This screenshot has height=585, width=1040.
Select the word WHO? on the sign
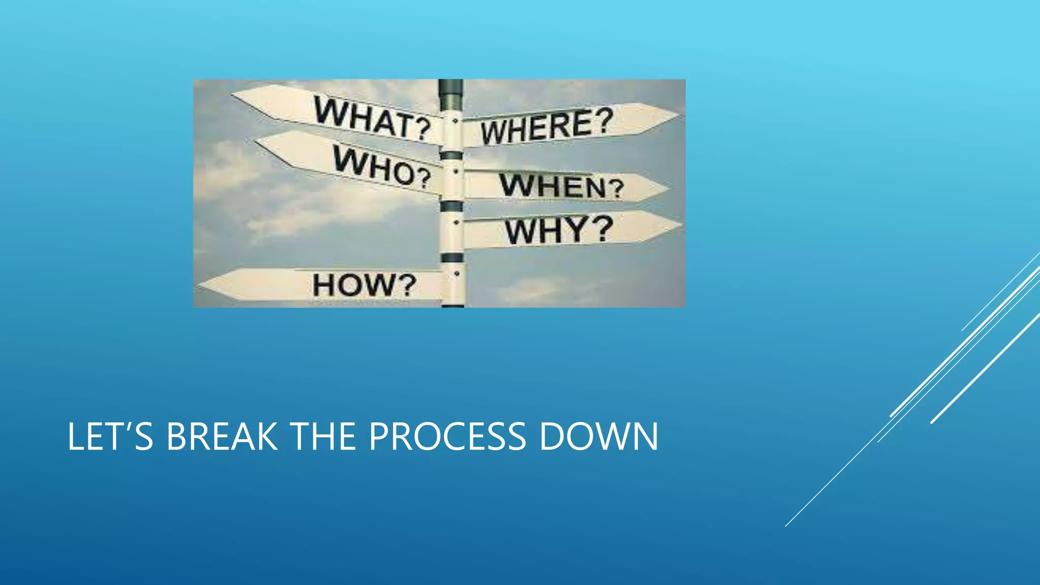click(382, 166)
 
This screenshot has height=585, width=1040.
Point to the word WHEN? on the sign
click(561, 185)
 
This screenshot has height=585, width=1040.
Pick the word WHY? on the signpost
click(559, 230)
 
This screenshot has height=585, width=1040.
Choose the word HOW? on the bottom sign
click(364, 284)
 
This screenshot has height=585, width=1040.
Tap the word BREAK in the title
click(222, 436)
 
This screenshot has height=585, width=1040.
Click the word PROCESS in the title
click(447, 436)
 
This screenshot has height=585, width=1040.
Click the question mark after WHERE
click(604, 120)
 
